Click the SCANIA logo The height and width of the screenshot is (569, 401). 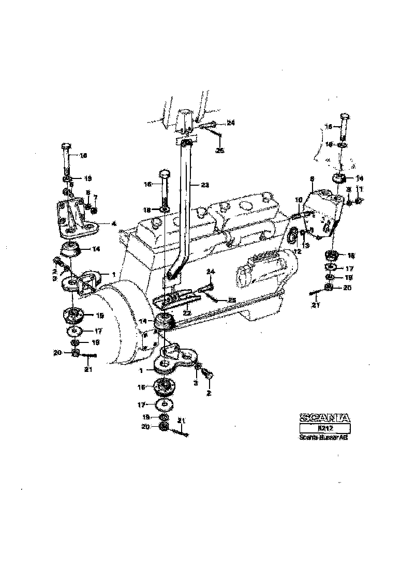(324, 417)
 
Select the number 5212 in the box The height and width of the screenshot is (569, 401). (324, 428)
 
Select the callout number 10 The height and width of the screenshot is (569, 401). (299, 200)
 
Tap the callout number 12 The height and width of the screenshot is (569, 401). (296, 251)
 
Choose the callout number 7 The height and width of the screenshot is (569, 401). (95, 197)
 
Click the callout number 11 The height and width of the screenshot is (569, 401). (361, 190)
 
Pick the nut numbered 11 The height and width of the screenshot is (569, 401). (359, 201)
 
